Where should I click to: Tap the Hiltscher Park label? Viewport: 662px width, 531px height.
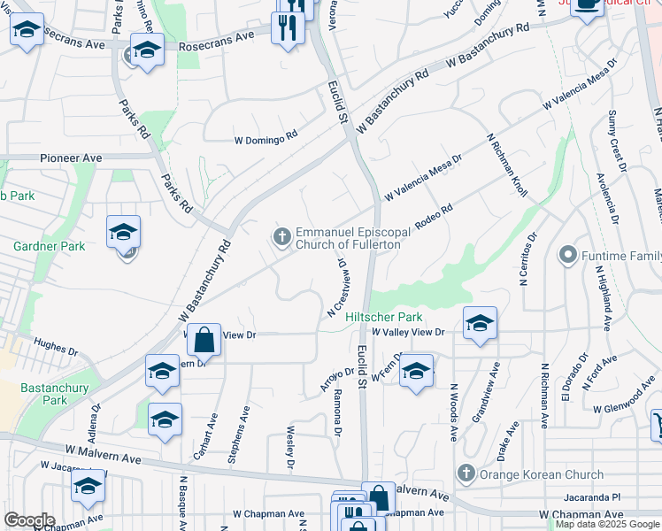point(383,317)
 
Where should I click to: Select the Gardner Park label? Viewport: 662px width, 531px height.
point(49,246)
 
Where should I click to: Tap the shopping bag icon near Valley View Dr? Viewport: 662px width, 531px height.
point(204,339)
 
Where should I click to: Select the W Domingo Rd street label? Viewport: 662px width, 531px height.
point(266,140)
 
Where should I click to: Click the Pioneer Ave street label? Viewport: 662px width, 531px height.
point(71,158)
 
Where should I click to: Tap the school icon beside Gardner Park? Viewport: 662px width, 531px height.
point(124,233)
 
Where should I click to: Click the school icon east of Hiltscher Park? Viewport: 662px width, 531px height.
point(479,323)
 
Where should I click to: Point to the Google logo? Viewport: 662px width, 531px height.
point(29,520)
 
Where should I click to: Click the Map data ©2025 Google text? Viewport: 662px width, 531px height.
point(607,525)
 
